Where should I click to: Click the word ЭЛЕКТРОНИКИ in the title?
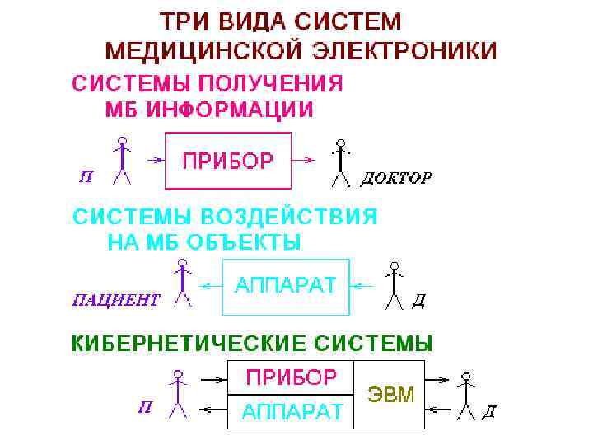pyautogui.click(x=405, y=50)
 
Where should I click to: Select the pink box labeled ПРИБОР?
pyautogui.click(x=228, y=161)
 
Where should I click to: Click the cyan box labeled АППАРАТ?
pyautogui.click(x=286, y=286)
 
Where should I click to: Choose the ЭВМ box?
pyautogui.click(x=389, y=394)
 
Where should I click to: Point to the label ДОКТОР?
pyautogui.click(x=396, y=178)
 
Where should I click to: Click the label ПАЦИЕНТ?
pyautogui.click(x=116, y=299)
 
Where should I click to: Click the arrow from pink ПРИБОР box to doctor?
pyautogui.click(x=304, y=160)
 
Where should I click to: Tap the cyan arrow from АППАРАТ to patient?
pyautogui.click(x=212, y=286)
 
